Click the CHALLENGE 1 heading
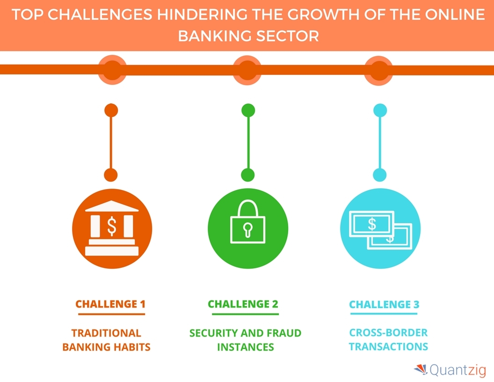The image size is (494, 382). tap(110, 304)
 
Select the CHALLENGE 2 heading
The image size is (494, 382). tap(243, 304)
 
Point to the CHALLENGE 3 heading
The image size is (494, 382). tap(384, 304)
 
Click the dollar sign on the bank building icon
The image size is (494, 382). tap(112, 226)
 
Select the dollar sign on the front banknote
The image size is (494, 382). tap(372, 224)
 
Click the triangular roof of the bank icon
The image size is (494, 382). tap(112, 206)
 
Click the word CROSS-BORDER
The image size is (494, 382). tap(388, 332)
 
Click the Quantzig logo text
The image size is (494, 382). tap(458, 370)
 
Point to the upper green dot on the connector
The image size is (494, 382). tap(248, 110)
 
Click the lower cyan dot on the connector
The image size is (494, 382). tap(380, 175)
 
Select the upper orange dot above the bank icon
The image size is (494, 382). tap(111, 110)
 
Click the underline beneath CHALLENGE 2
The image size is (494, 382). tap(246, 314)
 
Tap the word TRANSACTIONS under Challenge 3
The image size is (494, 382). tap(388, 346)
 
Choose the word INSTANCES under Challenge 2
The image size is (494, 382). tap(246, 347)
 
